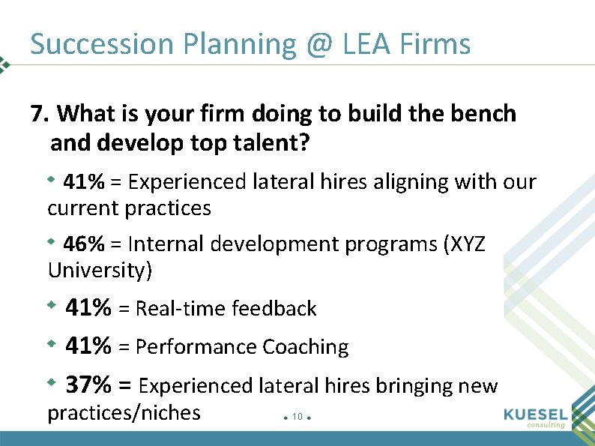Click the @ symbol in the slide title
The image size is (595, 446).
pos(319,45)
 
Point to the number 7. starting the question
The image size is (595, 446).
pos(40,114)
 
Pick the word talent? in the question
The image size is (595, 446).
pos(272,142)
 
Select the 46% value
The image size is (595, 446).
pos(84,244)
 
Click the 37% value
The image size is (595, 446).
pos(88,385)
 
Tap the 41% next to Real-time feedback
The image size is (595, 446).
pos(88,307)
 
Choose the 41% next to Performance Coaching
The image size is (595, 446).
pos(88,346)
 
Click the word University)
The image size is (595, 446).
pos(100,270)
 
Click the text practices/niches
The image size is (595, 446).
pos(124,412)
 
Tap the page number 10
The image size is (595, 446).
pos(297,417)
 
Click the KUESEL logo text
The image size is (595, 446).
pos(535,415)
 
